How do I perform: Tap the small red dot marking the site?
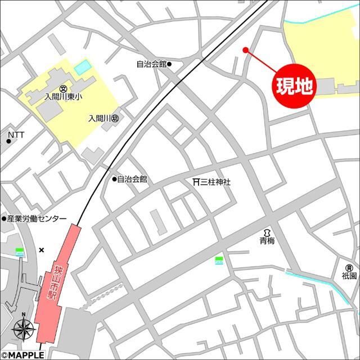point(245,50)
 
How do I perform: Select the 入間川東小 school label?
point(63,97)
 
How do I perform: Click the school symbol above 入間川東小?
point(63,88)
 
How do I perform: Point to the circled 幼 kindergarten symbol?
point(115,119)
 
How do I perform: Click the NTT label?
point(16,135)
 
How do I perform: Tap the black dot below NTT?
point(9,141)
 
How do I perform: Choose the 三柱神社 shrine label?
point(216,182)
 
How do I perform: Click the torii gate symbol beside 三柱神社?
point(196,182)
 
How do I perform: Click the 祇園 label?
point(349,276)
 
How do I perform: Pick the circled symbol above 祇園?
point(349,268)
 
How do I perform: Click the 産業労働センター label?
point(37,219)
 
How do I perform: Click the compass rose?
point(23,327)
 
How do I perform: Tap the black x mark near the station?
point(41,250)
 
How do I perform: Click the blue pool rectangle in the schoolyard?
point(82,67)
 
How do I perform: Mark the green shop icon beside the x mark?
point(20,252)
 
